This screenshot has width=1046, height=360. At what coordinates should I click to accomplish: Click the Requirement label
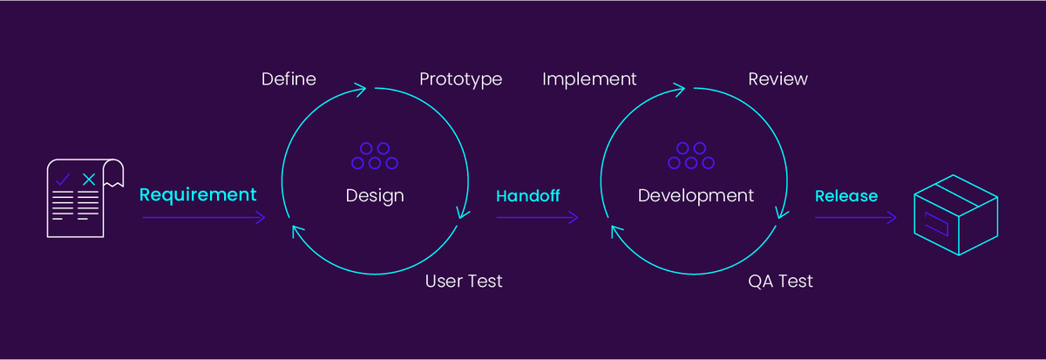pos(198,194)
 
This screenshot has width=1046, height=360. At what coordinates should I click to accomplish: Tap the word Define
pos(289,79)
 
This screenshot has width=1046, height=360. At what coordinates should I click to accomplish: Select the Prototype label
pos(460,79)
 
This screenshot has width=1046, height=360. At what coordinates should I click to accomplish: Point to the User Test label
pos(464,282)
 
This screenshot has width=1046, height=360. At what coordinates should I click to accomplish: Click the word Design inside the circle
pos(375,195)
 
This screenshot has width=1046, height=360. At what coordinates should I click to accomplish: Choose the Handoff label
pos(528,196)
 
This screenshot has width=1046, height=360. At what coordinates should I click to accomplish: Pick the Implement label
pos(589,79)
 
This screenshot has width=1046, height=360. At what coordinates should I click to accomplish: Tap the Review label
pos(778,79)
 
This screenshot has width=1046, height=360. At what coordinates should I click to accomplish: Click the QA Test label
pos(780,282)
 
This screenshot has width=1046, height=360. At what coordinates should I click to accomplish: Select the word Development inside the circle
pos(696,195)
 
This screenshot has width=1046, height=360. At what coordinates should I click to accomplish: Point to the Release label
pos(846,196)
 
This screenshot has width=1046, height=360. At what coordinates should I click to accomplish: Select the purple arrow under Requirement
pos(203,218)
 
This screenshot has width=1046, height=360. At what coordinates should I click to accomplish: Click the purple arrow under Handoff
pos(537,218)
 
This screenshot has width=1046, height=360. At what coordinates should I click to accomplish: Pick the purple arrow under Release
pos(855,218)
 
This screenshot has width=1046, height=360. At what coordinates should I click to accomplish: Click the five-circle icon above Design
pos(375,156)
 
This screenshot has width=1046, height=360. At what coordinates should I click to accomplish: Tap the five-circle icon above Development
pos(691,156)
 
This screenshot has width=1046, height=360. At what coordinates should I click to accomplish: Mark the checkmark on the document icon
pos(63,180)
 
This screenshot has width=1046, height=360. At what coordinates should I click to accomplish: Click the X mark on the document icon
pos(88,180)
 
